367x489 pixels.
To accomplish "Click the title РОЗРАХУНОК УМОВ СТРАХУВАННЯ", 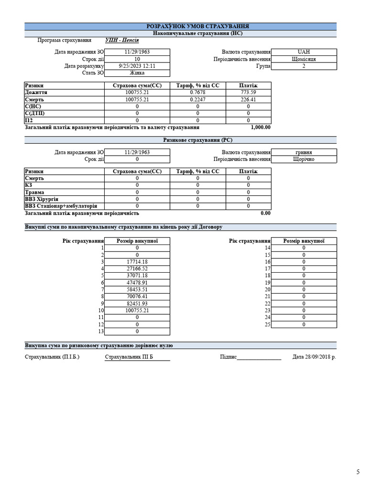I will (x=197, y=26).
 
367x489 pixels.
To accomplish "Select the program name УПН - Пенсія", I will (x=122, y=40).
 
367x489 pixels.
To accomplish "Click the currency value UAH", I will (x=303, y=52).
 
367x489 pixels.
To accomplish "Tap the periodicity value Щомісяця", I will (x=303, y=59).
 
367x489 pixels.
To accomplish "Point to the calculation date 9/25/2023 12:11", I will (x=137, y=66).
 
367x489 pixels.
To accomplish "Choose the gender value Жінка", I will (x=137, y=73).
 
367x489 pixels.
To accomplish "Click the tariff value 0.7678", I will (x=197, y=92).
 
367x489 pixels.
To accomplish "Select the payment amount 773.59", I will (x=248, y=92).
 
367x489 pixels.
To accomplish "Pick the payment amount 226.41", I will (x=248, y=99).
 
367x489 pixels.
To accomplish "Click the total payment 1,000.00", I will (x=260, y=128).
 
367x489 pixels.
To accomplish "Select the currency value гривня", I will (x=303, y=152).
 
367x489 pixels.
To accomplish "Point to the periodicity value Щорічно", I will (x=303, y=159).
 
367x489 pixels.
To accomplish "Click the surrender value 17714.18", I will (x=137, y=262).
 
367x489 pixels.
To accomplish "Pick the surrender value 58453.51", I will (x=137, y=289).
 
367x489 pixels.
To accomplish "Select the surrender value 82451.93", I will (x=137, y=303).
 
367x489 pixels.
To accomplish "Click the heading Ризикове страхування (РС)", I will (x=197, y=140).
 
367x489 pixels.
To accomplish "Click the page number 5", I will (x=358, y=472).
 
